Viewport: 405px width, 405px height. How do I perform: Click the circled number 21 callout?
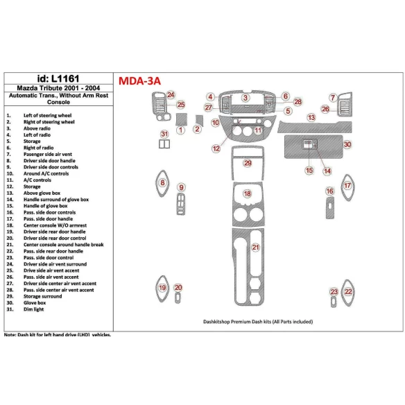256,248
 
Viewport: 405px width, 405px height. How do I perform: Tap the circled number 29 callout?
248,162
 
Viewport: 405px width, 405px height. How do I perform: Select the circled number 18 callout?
248,194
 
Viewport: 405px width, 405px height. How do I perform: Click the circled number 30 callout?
347,144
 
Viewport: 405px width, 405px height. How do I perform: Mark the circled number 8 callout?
163,182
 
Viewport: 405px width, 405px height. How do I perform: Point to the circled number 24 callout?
171,94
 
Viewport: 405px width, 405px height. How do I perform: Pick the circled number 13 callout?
312,118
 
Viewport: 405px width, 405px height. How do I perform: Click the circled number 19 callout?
162,288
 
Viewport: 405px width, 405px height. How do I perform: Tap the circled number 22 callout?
348,292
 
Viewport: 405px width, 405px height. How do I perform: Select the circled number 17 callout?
347,186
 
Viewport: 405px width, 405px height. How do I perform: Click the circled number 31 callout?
164,133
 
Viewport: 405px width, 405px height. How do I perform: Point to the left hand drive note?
58,334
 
